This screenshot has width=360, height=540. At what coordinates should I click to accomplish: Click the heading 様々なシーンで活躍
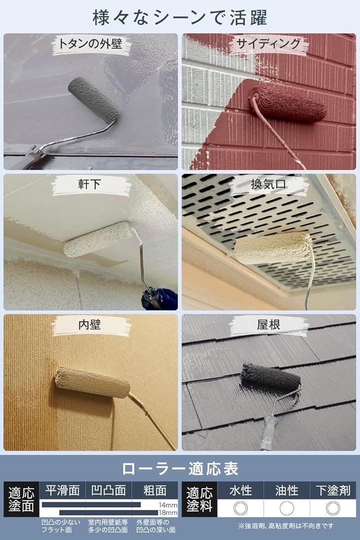pos(180,16)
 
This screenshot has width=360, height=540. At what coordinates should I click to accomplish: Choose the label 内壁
pos(90,325)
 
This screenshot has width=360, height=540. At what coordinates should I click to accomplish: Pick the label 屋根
pos(269,325)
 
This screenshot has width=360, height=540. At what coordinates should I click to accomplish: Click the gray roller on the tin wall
pos(94,99)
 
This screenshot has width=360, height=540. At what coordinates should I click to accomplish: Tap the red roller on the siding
pos(288,104)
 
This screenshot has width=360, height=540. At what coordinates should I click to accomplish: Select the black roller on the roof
pos(270,377)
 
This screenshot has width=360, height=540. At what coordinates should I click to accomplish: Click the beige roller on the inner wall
pos(92,382)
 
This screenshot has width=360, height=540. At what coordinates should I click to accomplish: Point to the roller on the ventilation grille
pos(273,248)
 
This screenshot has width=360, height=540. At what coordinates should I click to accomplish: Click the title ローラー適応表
pos(180,468)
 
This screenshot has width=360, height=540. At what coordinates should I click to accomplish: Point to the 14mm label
pos(169,504)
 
